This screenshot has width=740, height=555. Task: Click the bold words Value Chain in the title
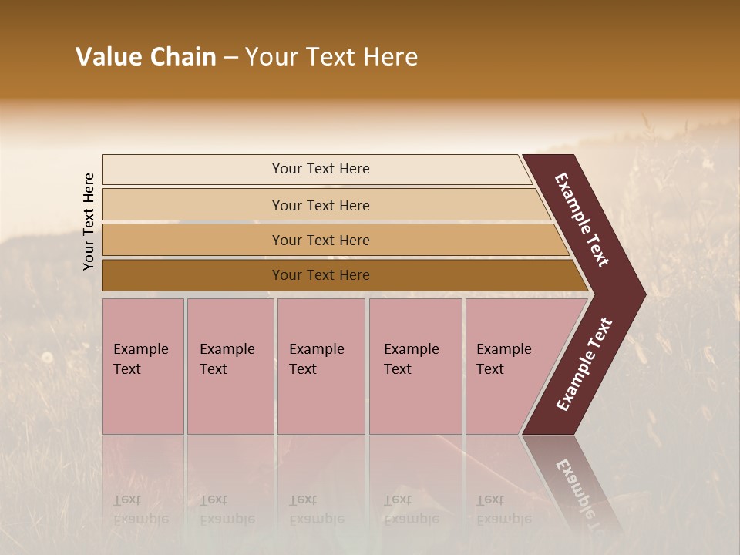pos(146,57)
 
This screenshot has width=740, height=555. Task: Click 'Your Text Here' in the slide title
pos(331,57)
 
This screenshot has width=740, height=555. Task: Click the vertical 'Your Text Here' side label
pos(89,221)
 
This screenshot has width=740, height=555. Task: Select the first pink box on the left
pos(143,366)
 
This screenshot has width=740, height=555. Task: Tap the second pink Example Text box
pos(230,366)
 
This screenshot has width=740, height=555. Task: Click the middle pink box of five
pos(321,366)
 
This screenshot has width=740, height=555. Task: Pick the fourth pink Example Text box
pos(415,366)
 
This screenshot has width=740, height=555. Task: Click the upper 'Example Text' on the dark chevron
pos(582,220)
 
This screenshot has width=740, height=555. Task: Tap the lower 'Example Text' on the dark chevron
pos(584,364)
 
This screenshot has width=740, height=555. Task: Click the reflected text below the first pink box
pos(140,510)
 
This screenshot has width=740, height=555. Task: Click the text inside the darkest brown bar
pos(321,275)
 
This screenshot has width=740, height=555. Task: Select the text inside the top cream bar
pos(321,169)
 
